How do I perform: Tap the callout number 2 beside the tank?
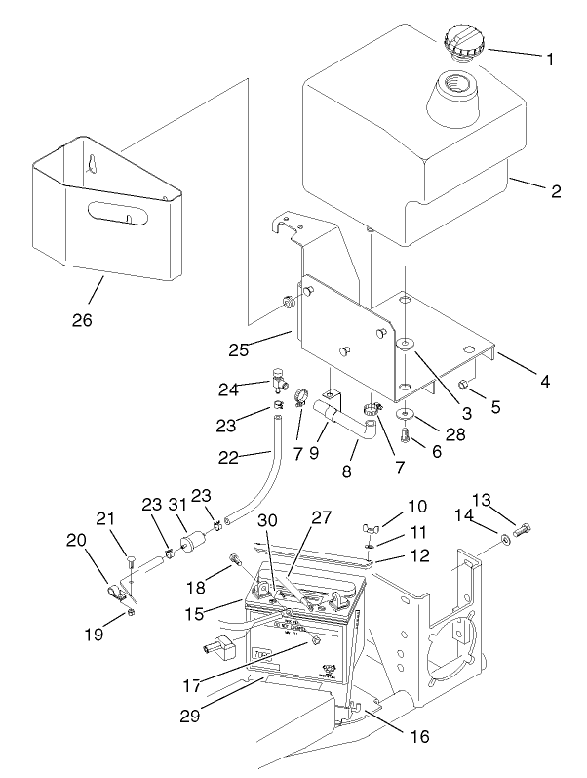tap(555, 191)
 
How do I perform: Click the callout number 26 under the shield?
tap(83, 318)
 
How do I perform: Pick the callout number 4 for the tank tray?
tap(545, 382)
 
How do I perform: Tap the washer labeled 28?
tap(403, 416)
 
